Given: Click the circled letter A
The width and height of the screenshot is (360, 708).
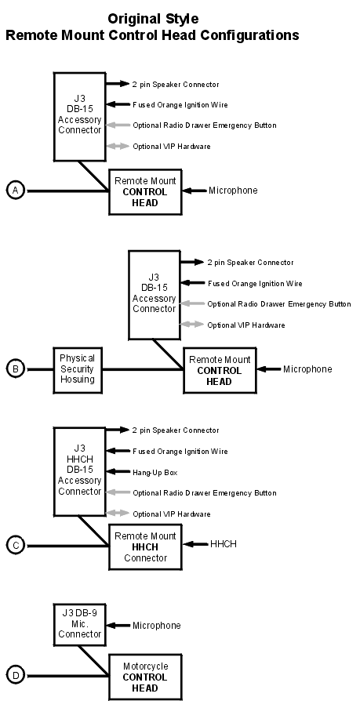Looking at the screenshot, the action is point(16,191).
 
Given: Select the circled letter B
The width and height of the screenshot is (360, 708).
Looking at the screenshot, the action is point(16,369).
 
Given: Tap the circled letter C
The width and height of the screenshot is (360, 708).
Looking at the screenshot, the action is point(16,546).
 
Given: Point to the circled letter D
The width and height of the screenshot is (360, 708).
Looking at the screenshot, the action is point(16,676).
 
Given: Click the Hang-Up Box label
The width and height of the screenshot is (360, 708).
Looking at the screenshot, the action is point(155,473).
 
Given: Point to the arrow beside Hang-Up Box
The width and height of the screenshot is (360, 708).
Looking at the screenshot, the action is point(118,472).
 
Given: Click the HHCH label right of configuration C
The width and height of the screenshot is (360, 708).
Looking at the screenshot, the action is point(223,544).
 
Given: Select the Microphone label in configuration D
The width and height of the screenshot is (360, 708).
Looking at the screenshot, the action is point(156,626).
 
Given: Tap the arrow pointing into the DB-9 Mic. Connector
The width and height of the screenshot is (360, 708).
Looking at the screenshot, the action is point(118,626).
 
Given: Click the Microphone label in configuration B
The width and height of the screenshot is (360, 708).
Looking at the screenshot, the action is point(307,369).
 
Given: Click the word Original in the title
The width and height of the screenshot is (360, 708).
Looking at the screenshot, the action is point(133,19).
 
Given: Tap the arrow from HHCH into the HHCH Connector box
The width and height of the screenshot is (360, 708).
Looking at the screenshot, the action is point(195,544).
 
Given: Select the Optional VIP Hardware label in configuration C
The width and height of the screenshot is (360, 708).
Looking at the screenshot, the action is point(171,514).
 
